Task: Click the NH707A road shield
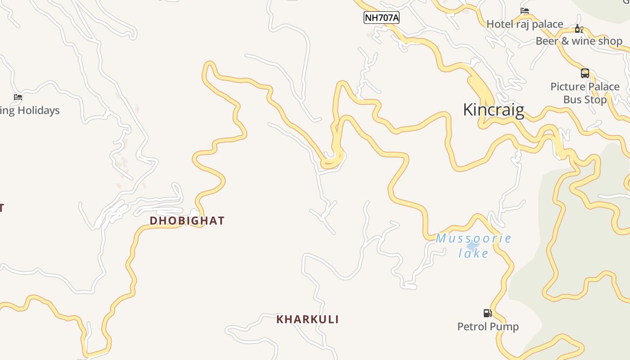[x=381, y=18]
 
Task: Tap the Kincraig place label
[x=494, y=110]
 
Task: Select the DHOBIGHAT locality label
[x=187, y=220]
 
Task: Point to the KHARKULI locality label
[x=307, y=319]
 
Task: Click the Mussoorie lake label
[x=473, y=246]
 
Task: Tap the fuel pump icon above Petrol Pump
[x=487, y=313]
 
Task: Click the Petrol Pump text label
[x=488, y=327]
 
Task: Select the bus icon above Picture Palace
[x=585, y=73]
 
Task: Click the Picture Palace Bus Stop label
[x=585, y=93]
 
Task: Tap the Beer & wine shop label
[x=579, y=41]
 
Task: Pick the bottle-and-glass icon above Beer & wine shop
[x=579, y=29]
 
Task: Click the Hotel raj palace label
[x=525, y=24]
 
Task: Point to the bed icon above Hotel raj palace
[x=525, y=11]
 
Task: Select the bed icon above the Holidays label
[x=18, y=97]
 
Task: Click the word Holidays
[x=38, y=111]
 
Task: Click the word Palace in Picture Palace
[x=602, y=87]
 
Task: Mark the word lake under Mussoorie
[x=473, y=253]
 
